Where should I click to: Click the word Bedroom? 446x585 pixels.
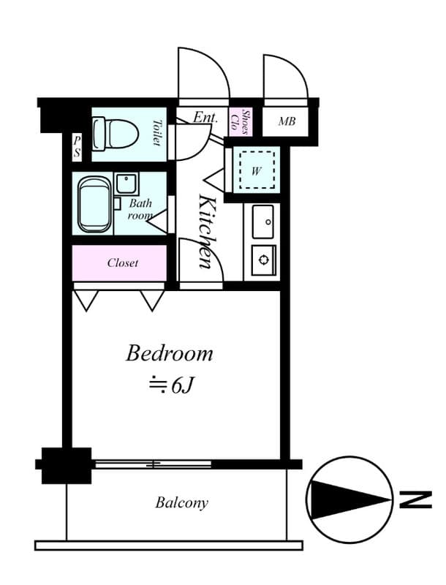[169, 354]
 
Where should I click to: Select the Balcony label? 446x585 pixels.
[181, 503]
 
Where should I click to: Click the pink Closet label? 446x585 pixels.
[122, 263]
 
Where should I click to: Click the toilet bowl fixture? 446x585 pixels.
[117, 133]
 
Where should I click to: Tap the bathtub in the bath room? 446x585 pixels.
[93, 205]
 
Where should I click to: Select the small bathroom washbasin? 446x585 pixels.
[126, 182]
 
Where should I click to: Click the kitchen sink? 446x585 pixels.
[264, 221]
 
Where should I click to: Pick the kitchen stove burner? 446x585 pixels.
[263, 259]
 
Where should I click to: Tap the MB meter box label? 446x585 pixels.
[286, 121]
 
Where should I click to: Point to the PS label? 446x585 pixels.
[77, 147]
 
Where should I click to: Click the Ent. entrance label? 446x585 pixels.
[205, 116]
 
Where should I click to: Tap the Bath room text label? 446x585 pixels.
[140, 210]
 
